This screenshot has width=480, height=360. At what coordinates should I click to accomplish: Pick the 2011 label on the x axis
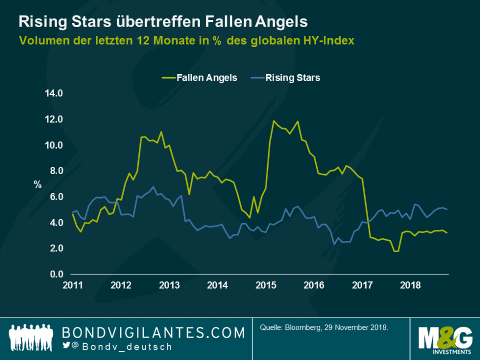point(73,284)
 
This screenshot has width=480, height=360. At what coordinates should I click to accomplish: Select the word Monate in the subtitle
point(174,40)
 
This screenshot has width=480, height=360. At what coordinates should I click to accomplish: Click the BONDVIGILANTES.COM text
point(153,333)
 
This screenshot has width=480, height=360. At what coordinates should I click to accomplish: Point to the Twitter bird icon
point(66,346)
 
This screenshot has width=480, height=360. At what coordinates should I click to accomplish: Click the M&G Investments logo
point(444,339)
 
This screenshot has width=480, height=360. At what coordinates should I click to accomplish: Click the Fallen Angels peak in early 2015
point(274,121)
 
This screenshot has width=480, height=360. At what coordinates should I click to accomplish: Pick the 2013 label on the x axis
point(170,284)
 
